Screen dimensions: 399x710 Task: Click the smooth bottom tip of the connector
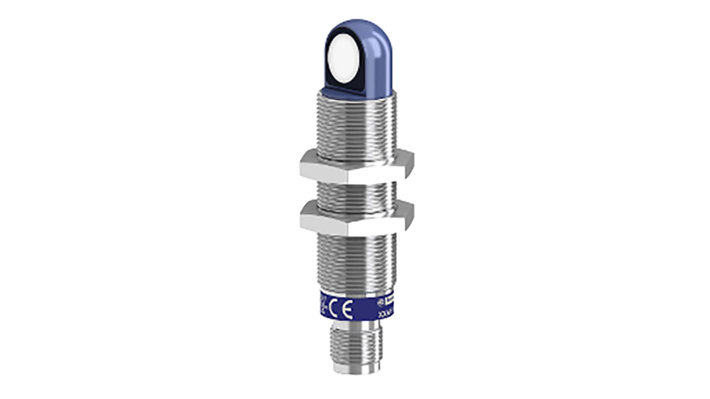point(356,368)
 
